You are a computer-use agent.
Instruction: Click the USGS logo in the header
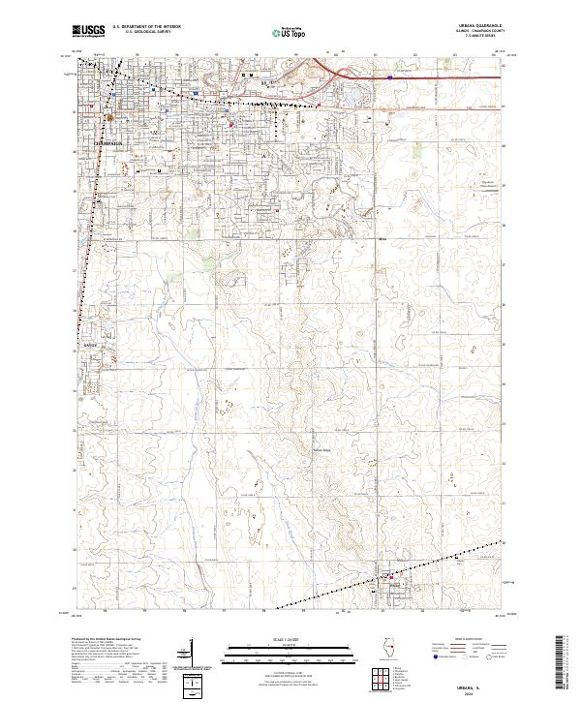87,31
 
